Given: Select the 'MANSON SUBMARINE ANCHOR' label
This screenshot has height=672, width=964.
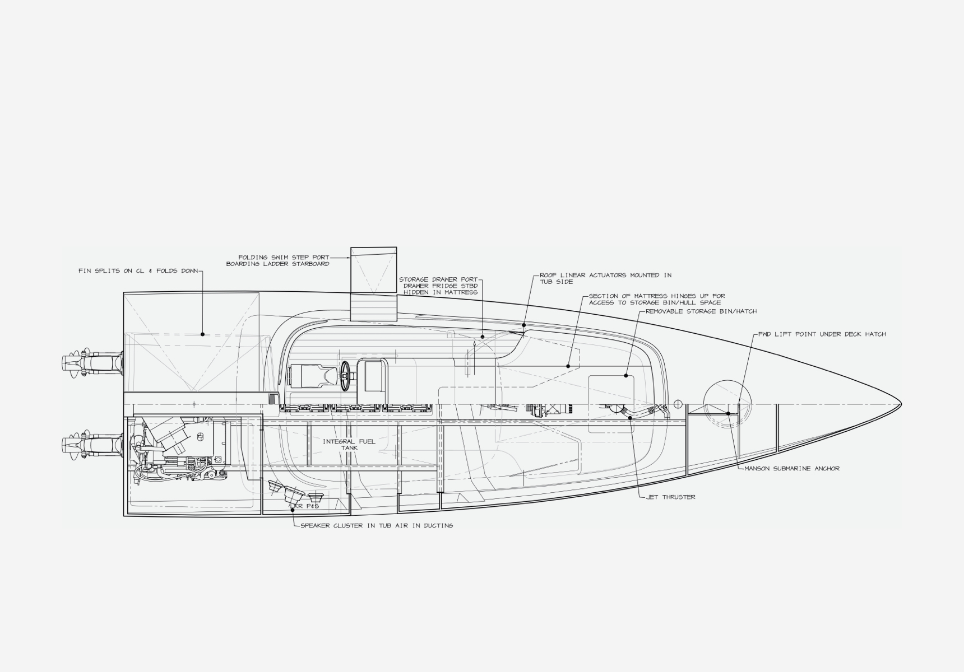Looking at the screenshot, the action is (792, 468).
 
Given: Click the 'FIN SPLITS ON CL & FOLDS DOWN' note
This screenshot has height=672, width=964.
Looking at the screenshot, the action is (138, 271).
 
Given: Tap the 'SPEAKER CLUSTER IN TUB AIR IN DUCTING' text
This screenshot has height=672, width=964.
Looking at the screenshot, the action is (377, 525).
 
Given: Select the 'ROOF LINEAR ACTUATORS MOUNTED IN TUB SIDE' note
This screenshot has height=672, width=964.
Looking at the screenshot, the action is (605, 278).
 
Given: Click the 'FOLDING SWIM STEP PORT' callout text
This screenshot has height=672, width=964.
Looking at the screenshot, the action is (284, 258).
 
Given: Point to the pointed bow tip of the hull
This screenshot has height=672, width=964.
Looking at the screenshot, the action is (901, 404).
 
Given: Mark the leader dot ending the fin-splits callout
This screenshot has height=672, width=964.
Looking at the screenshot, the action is (202, 334).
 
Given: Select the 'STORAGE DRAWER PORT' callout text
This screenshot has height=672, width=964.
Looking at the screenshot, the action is (438, 279).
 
